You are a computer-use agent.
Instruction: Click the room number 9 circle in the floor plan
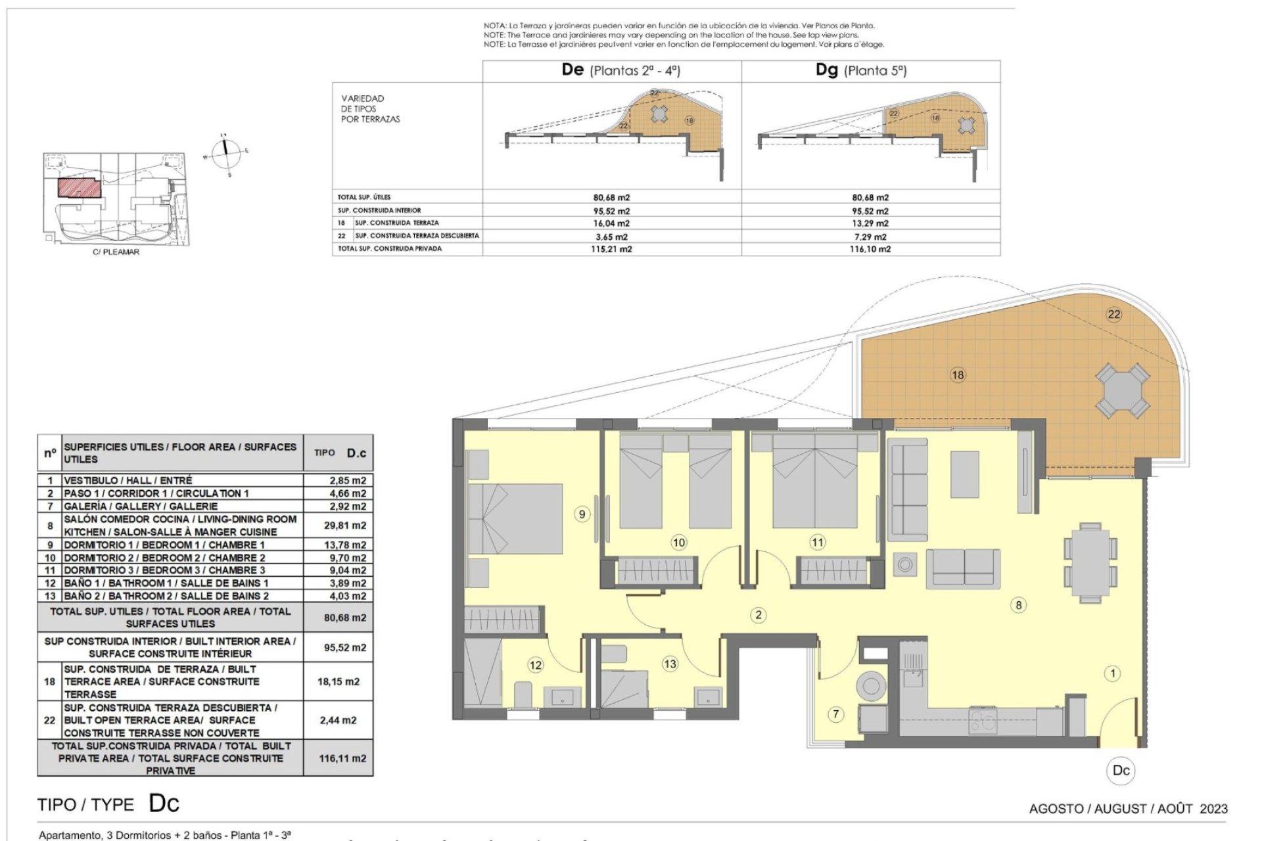[x=582, y=514]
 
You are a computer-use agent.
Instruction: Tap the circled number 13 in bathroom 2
[x=670, y=664]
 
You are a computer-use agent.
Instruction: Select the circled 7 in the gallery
[x=835, y=714]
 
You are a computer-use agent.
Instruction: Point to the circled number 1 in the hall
[x=1113, y=673]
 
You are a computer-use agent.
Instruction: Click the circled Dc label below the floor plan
[x=1121, y=771]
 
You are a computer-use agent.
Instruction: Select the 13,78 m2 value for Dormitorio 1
[x=348, y=545]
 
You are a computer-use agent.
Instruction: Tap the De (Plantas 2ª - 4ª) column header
[x=620, y=70]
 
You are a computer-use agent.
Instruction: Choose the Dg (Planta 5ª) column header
[x=861, y=70]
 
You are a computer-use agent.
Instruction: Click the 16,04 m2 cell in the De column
[x=611, y=223]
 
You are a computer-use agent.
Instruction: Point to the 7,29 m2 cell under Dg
[x=870, y=237]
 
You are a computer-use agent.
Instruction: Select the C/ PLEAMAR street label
[x=116, y=252]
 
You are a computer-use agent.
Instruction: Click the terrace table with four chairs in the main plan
[x=1122, y=392]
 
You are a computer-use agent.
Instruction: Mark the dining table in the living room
[x=1090, y=563]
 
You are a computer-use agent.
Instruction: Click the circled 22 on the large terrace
[x=1114, y=314]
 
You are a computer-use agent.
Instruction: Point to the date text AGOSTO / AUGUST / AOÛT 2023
[x=1128, y=809]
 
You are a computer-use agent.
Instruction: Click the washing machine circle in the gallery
[x=872, y=685]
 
